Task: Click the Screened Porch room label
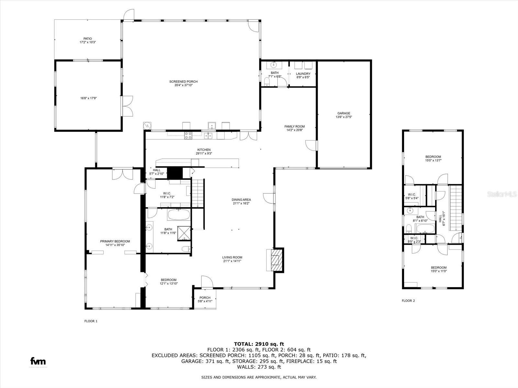[183, 83]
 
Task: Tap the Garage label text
[343, 115]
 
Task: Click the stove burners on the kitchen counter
[188, 135]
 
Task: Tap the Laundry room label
[303, 75]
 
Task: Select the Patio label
[88, 40]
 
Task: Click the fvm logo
[38, 361]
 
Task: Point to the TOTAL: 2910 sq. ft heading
[259, 344]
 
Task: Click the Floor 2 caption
[408, 301]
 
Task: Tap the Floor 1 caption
[91, 321]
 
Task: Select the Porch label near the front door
[205, 299]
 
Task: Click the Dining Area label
[241, 201]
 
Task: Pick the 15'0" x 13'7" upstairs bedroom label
[433, 158]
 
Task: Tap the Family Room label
[295, 128]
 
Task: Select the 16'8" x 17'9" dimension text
[88, 98]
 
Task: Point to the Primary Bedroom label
[115, 243]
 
